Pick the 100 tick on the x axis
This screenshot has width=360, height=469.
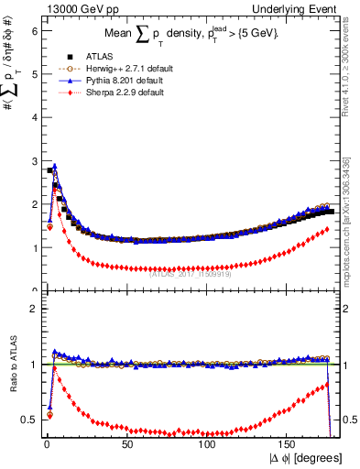point(208,443)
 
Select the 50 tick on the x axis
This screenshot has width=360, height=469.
point(127,443)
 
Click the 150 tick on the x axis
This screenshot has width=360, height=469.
point(289,443)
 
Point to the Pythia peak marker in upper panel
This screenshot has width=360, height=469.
point(55,168)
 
